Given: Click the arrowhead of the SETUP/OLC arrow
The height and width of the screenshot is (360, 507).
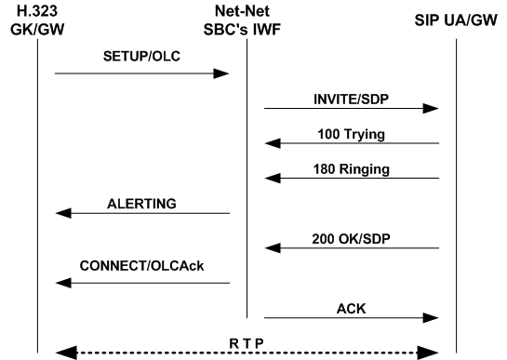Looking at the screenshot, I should (223, 73).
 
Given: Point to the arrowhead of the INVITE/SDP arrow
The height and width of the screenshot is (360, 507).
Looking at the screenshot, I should (432, 108).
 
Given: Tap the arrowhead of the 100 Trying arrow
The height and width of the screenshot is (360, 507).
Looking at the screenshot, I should (272, 143).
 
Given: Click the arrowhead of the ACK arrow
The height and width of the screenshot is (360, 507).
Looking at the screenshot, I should (432, 318).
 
